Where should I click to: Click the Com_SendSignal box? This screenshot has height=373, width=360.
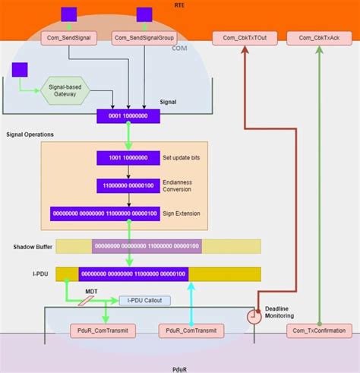click(x=70, y=37)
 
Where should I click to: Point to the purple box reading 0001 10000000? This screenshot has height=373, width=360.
click(x=127, y=116)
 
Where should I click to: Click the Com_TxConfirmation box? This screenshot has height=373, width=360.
click(x=318, y=330)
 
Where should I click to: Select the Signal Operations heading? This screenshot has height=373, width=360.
click(x=30, y=134)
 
